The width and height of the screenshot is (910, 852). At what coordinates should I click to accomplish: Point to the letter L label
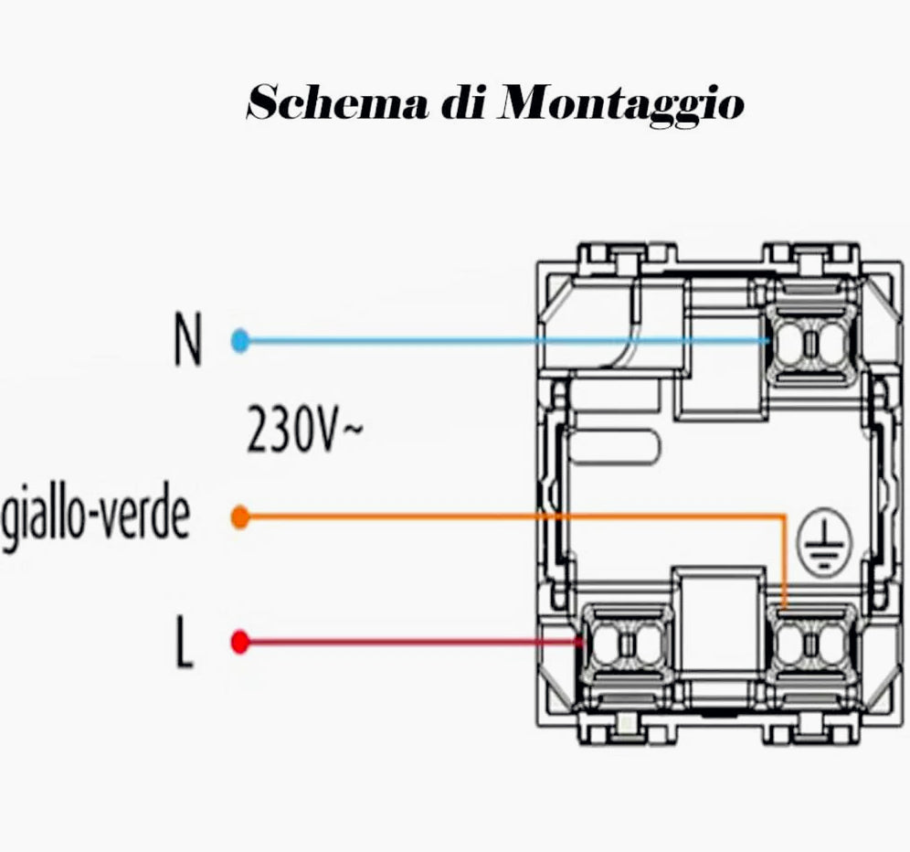[185, 644]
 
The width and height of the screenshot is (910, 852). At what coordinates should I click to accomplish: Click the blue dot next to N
[240, 342]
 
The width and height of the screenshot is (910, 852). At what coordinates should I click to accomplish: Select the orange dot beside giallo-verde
[240, 518]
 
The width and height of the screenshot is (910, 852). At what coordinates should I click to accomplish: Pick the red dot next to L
[240, 644]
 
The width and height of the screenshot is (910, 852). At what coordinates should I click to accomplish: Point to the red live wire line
[411, 644]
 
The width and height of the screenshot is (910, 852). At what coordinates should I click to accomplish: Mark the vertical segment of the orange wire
[784, 562]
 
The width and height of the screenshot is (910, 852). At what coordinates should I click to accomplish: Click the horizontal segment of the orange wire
[512, 517]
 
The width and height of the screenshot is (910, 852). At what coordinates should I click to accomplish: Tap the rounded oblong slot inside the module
[613, 449]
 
